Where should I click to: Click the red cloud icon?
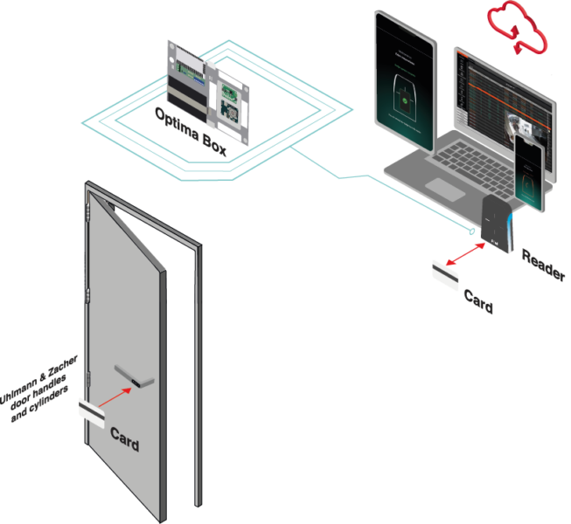[516, 26]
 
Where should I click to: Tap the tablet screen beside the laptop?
[403, 87]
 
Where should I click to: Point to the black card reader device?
[500, 226]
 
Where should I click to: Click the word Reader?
[543, 264]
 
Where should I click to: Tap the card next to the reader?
[444, 272]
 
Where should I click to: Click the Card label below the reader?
[478, 301]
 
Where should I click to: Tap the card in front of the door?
[91, 410]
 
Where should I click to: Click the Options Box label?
[191, 132]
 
